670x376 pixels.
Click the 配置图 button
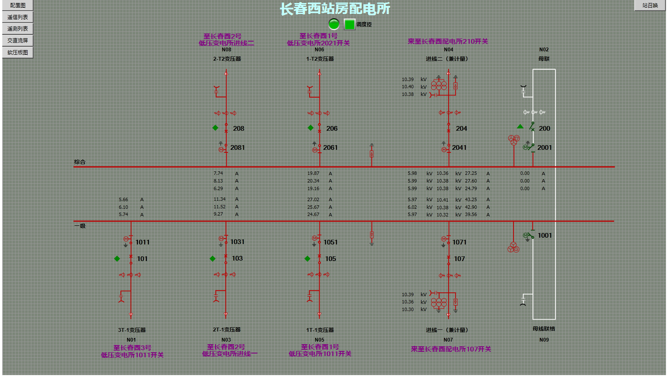click(18, 6)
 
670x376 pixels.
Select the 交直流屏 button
click(18, 41)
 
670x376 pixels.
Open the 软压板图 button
click(18, 53)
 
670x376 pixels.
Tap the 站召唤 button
click(650, 6)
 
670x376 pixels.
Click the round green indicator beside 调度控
click(334, 24)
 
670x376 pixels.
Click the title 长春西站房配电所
click(335, 9)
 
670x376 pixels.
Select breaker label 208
click(238, 129)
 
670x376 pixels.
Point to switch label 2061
click(330, 148)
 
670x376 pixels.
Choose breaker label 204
click(461, 129)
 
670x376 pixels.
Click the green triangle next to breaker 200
click(520, 126)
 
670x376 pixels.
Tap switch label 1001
click(544, 236)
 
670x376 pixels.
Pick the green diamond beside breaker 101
click(117, 259)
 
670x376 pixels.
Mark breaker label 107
click(459, 259)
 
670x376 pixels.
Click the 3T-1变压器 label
click(132, 330)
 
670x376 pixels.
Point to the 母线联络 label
click(544, 329)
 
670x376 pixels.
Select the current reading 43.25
click(471, 200)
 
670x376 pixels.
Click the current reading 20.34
click(313, 181)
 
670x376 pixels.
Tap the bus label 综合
click(80, 162)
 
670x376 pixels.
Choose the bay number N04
click(448, 50)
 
